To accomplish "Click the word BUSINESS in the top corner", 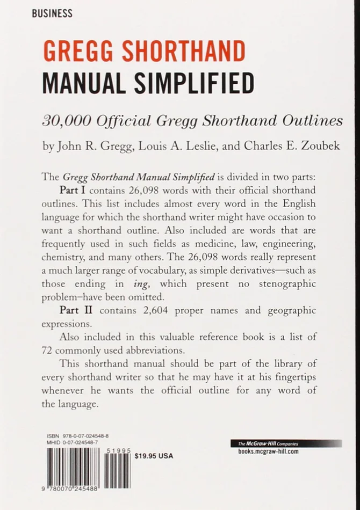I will click(x=52, y=13).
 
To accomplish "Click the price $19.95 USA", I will click(x=154, y=456).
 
